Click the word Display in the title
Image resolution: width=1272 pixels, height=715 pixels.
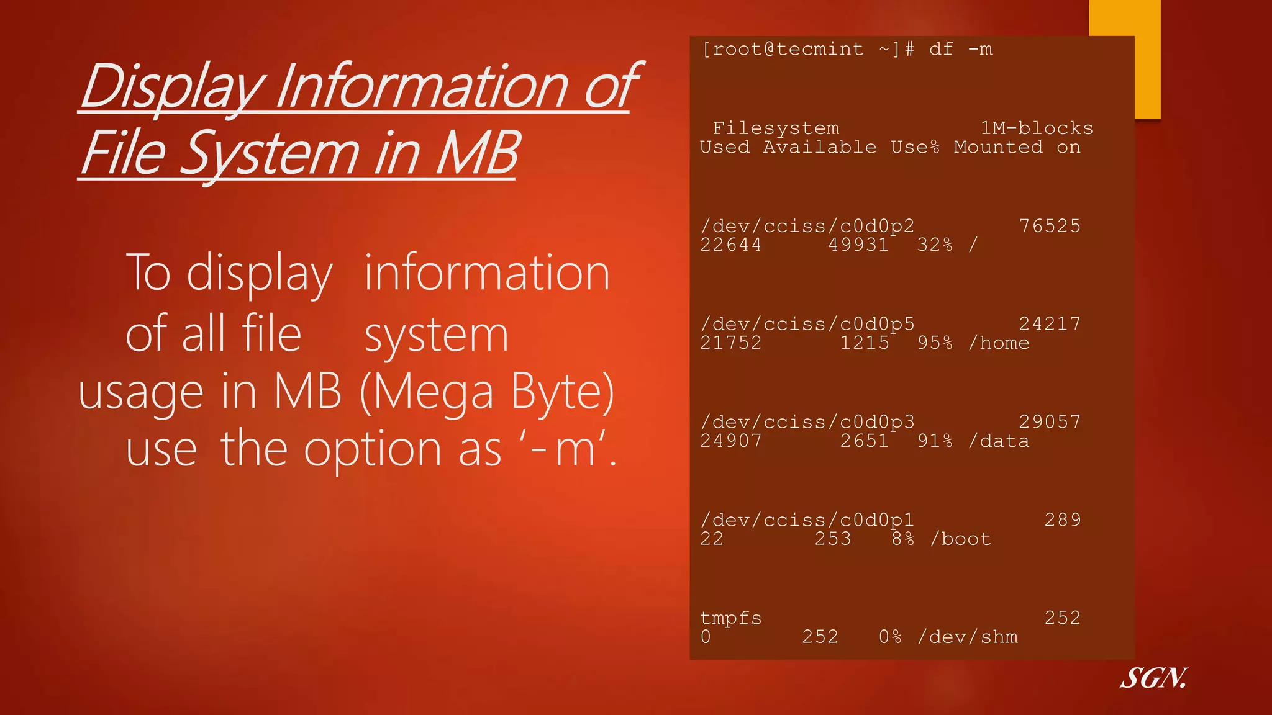tap(173, 87)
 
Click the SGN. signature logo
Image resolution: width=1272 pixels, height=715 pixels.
tap(1153, 678)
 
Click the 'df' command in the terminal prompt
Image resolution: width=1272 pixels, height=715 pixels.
tap(941, 49)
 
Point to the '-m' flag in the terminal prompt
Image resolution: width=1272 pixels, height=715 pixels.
tap(980, 49)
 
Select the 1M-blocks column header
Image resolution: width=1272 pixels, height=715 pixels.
tap(1037, 128)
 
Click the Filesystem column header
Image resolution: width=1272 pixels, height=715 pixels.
tap(776, 128)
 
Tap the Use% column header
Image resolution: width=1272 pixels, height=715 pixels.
tap(915, 148)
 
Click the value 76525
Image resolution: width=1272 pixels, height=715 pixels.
tap(1050, 226)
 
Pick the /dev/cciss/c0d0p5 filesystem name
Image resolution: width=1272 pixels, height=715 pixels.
tap(807, 324)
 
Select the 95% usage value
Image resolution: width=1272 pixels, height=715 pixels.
tap(935, 343)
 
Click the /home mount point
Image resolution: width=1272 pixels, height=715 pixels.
tap(999, 343)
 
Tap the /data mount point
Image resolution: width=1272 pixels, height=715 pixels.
tap(999, 441)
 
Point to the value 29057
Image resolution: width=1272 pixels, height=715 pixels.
tap(1050, 422)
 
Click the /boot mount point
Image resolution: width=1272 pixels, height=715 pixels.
tap(960, 539)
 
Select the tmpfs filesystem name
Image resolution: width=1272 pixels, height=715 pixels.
tap(731, 618)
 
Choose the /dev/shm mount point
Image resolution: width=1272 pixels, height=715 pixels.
tap(968, 637)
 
